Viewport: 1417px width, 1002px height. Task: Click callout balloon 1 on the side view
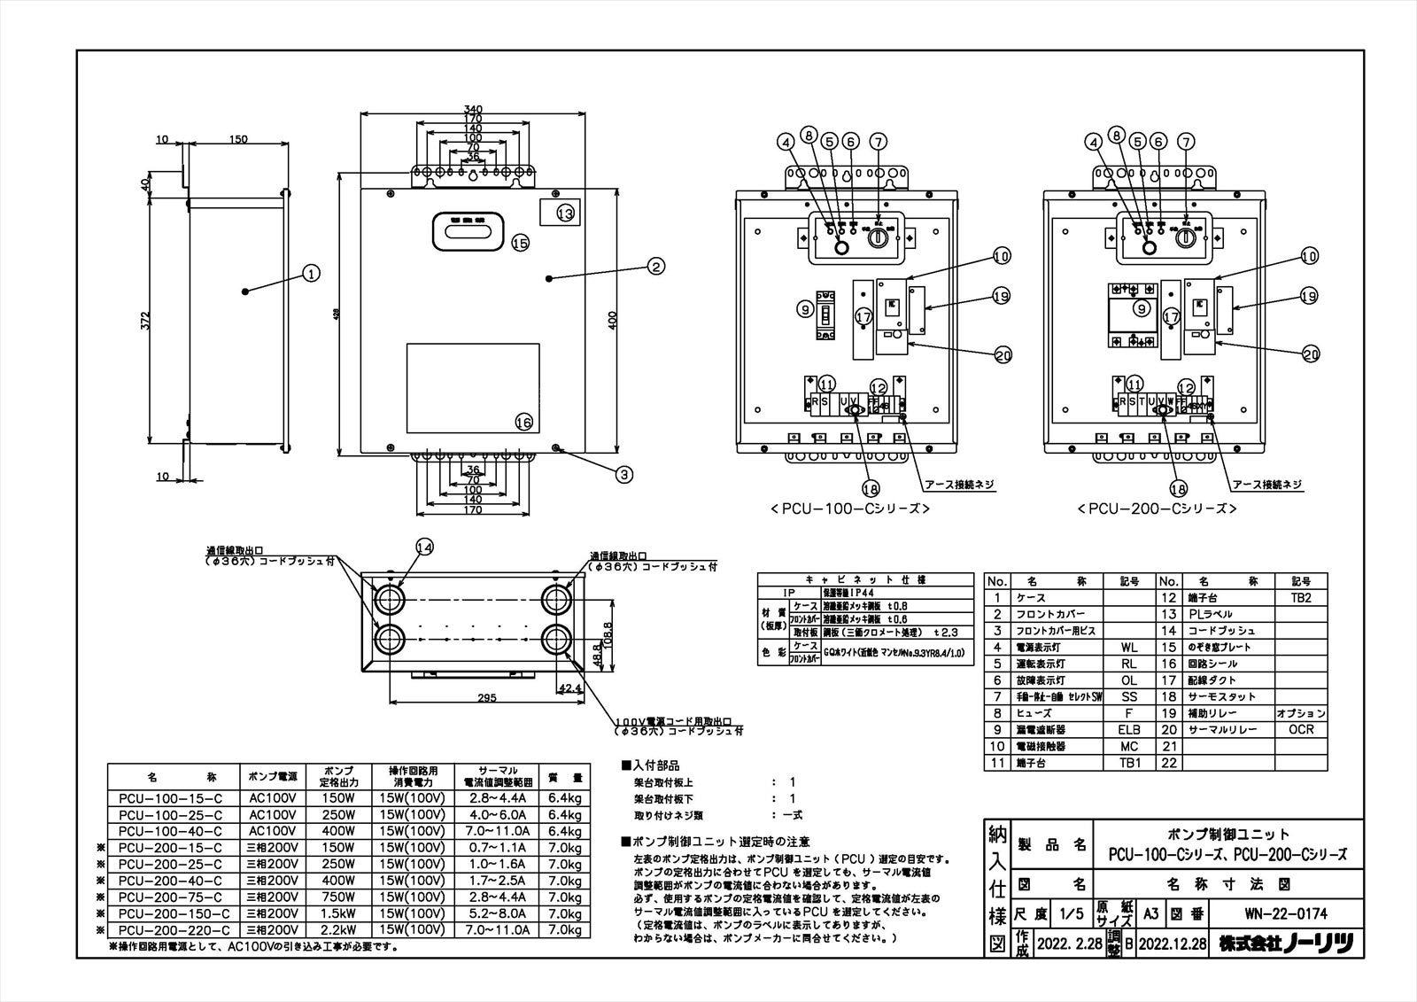(x=310, y=274)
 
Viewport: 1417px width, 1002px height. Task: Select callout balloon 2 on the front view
(x=655, y=265)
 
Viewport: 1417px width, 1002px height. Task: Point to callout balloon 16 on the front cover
(x=524, y=423)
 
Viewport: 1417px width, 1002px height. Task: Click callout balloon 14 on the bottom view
(x=424, y=548)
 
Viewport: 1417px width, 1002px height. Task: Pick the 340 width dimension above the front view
(x=472, y=109)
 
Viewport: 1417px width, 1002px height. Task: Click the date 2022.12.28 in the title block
(x=1173, y=944)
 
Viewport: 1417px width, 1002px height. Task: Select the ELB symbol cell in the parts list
(x=1129, y=730)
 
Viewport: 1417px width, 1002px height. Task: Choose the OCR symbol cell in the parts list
(x=1301, y=730)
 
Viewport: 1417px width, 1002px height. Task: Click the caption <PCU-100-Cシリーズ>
(x=849, y=509)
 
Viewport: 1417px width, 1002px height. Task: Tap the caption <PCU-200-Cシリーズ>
(x=1157, y=509)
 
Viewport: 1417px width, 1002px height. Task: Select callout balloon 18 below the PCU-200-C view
(x=1177, y=488)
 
